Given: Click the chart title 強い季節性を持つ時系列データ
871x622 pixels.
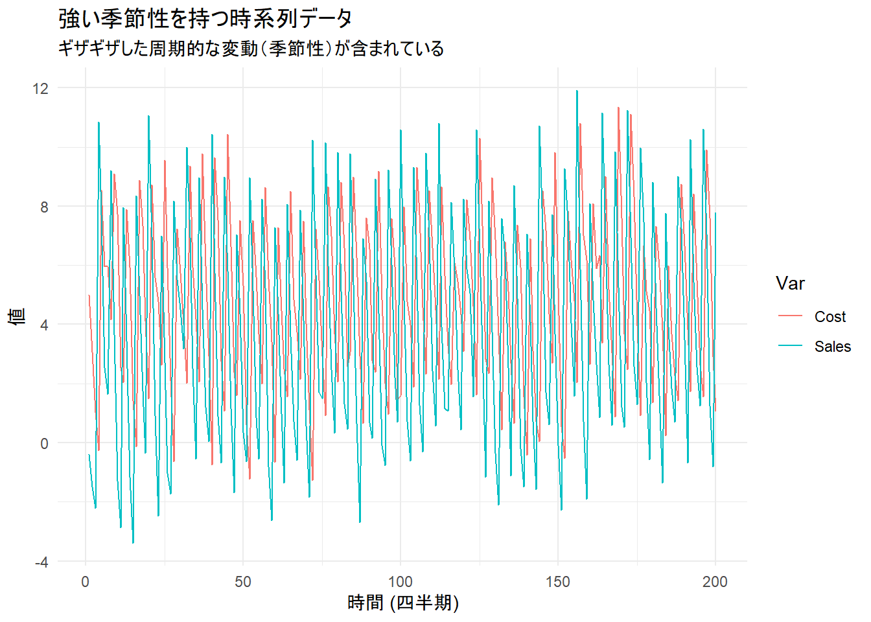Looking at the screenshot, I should (205, 18).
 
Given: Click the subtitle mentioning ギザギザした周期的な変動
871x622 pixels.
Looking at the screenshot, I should (251, 49).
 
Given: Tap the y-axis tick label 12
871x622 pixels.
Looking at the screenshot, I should (40, 88).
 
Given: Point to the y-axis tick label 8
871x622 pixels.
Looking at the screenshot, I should (44, 207).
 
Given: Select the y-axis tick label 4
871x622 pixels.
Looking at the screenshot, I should (44, 325).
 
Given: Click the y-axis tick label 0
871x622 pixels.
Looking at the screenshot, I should (44, 444).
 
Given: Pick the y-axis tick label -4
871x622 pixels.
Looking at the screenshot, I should (41, 562).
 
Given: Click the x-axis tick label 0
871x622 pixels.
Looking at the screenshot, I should (86, 582).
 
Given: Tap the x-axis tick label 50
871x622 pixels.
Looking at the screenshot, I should (243, 582).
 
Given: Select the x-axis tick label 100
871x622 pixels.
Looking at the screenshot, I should (401, 582).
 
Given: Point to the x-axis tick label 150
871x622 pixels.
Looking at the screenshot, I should (558, 582).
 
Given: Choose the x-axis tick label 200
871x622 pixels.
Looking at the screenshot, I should (715, 582).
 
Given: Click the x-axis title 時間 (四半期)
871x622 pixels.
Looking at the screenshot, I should (403, 603).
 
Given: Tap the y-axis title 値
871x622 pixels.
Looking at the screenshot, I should (17, 316).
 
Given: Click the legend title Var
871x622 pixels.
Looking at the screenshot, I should (790, 283).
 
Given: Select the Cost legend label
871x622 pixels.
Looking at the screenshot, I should (830, 317).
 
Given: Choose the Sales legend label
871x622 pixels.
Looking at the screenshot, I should (833, 347).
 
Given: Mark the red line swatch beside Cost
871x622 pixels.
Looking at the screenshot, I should (790, 317).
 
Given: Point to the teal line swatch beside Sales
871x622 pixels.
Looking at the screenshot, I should (790, 347).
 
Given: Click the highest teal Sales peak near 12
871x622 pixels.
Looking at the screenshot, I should (577, 91).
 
